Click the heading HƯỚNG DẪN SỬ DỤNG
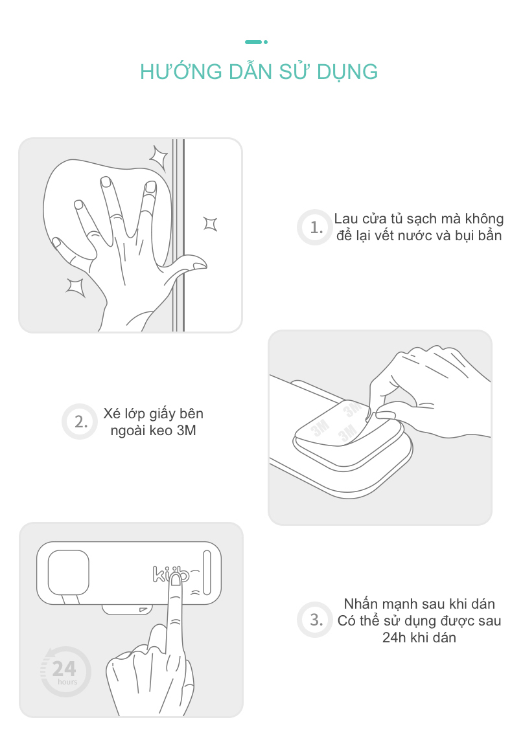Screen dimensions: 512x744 (x=259, y=71)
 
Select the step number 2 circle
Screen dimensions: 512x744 (x=80, y=422)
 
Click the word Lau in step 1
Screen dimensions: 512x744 (x=346, y=219)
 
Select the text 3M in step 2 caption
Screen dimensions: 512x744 (x=186, y=431)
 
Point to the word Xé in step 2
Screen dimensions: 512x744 (x=112, y=413)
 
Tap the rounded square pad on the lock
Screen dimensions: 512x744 (x=69, y=572)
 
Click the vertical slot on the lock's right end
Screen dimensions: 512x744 (x=207, y=572)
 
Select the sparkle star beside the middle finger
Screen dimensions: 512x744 (x=159, y=159)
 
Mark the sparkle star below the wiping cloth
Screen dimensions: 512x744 (x=76, y=287)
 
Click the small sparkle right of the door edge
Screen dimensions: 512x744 (x=211, y=223)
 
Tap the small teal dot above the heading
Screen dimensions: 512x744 (x=266, y=42)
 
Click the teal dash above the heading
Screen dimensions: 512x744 (x=253, y=42)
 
